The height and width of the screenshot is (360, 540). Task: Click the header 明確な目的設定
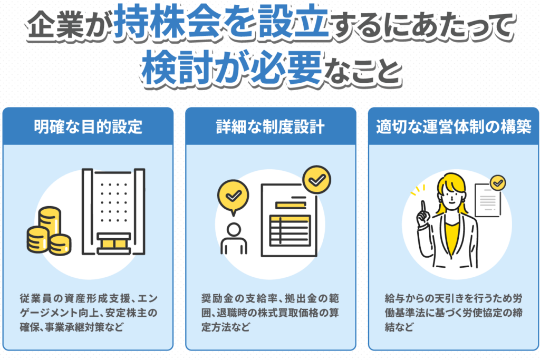point(88,127)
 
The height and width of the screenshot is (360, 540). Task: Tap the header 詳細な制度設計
point(271,127)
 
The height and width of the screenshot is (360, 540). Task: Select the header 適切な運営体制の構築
point(454,127)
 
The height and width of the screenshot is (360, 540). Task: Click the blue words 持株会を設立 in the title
point(221,21)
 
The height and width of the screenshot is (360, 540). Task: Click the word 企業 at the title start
point(55,25)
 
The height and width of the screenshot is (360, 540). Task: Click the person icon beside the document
point(234,238)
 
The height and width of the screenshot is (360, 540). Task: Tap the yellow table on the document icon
point(290,230)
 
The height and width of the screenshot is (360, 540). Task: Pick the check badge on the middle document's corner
point(316,180)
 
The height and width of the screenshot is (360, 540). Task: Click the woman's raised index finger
point(423,207)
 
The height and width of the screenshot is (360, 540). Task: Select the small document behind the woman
point(487,200)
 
